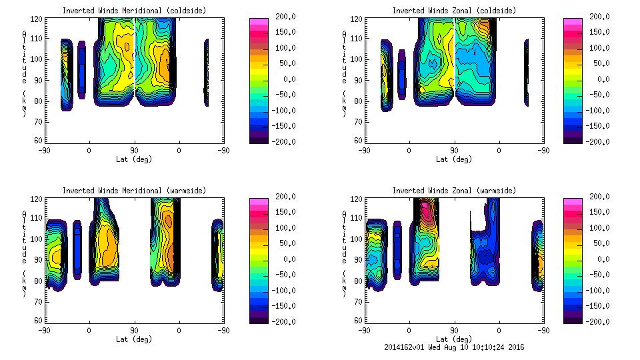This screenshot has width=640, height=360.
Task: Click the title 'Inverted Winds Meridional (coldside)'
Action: click(134, 11)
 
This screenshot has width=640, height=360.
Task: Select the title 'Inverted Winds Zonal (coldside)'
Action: click(454, 11)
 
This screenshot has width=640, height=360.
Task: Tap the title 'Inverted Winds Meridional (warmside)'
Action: click(134, 191)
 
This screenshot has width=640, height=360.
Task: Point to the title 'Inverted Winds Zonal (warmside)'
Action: click(454, 191)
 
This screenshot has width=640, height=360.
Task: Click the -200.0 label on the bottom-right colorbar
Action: click(601, 322)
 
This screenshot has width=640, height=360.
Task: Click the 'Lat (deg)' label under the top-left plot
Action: click(134, 159)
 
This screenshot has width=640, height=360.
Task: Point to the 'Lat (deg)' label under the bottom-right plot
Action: click(454, 339)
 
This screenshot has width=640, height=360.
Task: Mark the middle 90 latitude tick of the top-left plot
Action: click(134, 151)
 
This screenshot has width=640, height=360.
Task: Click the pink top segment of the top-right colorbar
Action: click(571, 21)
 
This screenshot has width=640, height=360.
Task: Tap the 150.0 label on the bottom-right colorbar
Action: click(601, 212)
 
